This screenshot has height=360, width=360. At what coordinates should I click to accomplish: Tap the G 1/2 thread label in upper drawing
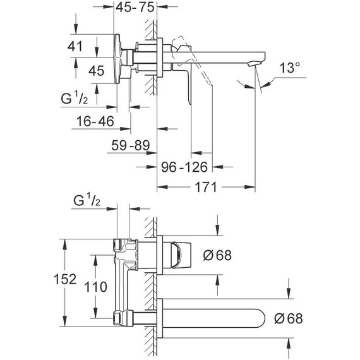[75, 99]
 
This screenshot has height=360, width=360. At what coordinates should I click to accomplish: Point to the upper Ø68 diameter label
[217, 256]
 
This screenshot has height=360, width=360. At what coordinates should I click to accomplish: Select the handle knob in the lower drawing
[181, 255]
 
